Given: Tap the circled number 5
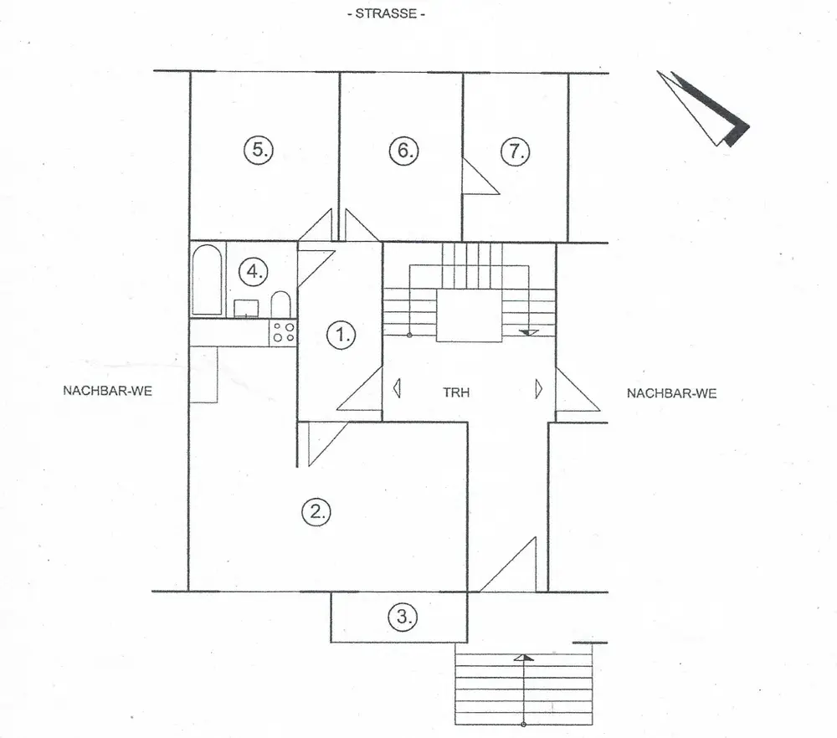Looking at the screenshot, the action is [259, 151].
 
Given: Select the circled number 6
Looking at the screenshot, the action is [403, 151].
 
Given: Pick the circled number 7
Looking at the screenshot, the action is [516, 151].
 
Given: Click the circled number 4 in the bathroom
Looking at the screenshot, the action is [253, 271].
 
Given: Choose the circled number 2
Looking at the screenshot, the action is [316, 511].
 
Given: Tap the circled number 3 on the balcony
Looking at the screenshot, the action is [403, 618].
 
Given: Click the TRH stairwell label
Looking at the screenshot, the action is [456, 392].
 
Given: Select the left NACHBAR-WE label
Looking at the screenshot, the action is [107, 391].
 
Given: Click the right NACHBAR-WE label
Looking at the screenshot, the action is [671, 393].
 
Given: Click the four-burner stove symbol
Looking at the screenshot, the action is [282, 333].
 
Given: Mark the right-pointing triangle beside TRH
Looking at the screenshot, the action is [540, 389].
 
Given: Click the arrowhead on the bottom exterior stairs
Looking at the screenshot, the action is [523, 658].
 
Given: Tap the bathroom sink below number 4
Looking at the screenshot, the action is [246, 308].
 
